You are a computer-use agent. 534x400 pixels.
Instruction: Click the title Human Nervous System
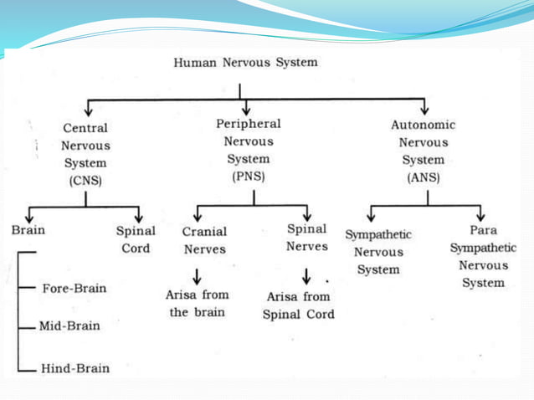point(245,63)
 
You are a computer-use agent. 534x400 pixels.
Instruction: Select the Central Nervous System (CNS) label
point(85,154)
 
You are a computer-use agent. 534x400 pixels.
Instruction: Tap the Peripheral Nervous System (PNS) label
point(248,150)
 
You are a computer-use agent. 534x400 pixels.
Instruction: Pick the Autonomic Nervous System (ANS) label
point(424,151)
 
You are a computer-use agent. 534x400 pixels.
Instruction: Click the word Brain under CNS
point(28,230)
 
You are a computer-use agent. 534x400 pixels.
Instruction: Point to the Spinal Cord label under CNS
point(136,239)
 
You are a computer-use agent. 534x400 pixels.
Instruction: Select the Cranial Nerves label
point(204,240)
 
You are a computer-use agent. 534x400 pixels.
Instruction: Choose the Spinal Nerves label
point(307,237)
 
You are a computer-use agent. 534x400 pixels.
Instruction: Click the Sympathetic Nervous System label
point(378,252)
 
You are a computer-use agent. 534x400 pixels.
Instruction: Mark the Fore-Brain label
point(74,289)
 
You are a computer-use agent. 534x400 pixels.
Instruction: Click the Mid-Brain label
point(69,326)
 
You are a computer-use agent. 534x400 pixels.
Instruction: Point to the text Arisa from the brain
point(198,304)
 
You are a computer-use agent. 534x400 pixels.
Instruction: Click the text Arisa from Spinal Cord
point(299,305)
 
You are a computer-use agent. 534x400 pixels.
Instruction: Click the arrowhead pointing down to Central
point(88,109)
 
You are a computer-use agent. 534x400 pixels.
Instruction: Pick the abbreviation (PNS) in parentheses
point(248,177)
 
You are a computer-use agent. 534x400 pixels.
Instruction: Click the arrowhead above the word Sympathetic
point(370,216)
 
